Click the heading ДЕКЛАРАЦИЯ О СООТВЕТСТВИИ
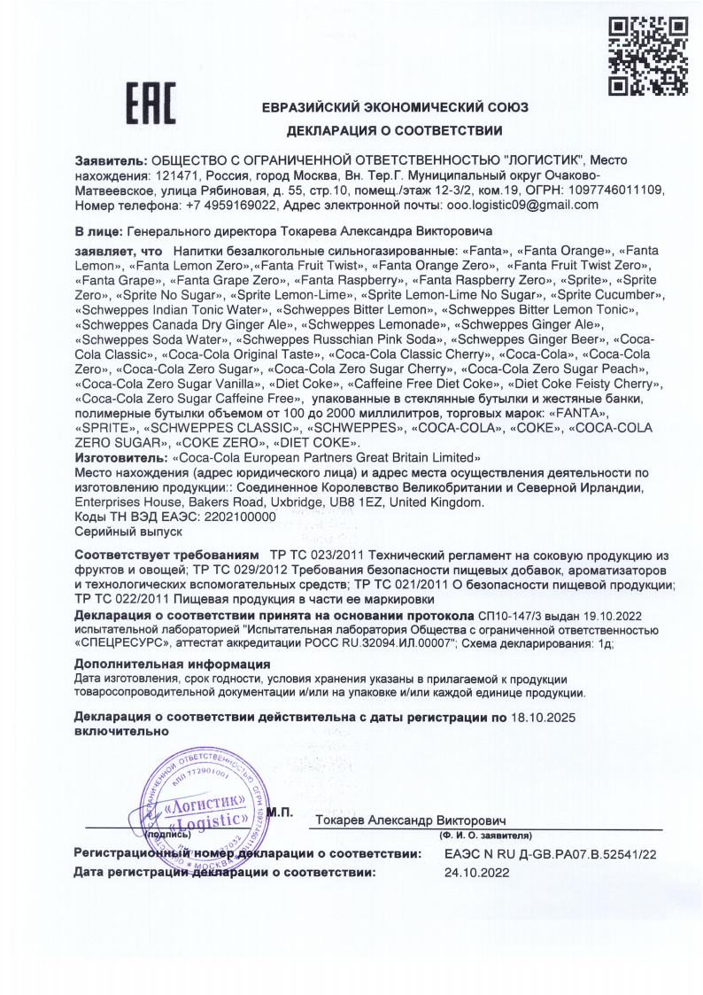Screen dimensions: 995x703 tap(393, 131)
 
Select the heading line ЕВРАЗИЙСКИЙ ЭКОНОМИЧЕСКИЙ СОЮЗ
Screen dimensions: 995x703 tap(395, 107)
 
